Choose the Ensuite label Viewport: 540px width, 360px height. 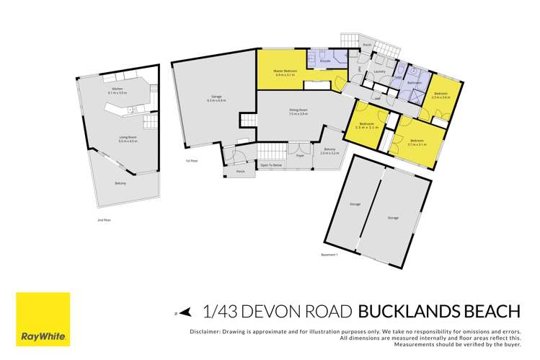pyautogui.click(x=325, y=61)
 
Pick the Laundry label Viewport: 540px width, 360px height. pyautogui.click(x=378, y=71)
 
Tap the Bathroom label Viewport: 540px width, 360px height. pyautogui.click(x=414, y=83)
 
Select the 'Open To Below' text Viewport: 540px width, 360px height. pyautogui.click(x=271, y=165)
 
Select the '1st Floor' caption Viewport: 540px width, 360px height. pyautogui.click(x=191, y=160)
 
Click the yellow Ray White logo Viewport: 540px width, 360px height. pyautogui.click(x=43, y=318)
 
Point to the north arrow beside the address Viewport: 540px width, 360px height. pyautogui.click(x=185, y=312)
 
